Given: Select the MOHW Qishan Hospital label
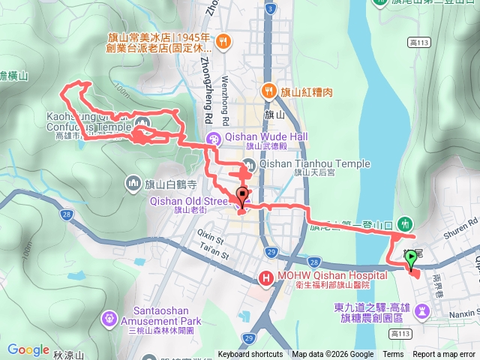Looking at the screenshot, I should pos(322,275).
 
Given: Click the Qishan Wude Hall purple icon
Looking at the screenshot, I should pos(214,138).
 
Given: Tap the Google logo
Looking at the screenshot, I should pos(28,349).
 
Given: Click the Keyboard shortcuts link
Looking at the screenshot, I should pos(250,355).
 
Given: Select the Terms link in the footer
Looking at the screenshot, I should pos(393,355).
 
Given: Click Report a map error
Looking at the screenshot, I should pos(445,355).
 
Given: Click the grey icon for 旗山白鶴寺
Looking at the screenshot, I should pos(134,183).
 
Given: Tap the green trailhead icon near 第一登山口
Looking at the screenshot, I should pos(406,223).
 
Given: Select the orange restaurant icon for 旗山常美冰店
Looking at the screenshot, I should pos(223,42).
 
